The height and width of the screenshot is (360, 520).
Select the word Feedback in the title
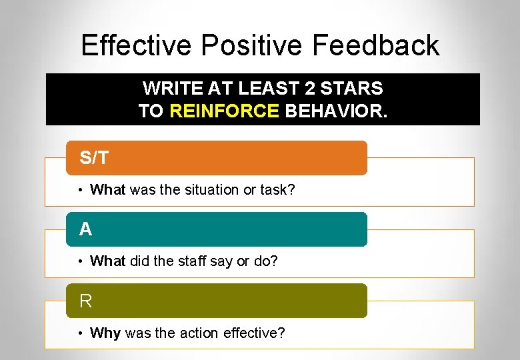coord(375,45)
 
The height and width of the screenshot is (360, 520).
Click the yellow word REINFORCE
coord(225,110)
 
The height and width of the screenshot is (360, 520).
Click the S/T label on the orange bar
coord(94,158)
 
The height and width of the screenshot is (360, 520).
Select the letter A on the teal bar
coord(85,229)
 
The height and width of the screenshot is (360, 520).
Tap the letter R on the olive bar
coord(85,301)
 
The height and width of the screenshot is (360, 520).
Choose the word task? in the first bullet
coord(277,190)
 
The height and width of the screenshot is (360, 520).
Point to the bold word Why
coord(105,333)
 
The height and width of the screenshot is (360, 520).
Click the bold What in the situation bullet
coord(108,190)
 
